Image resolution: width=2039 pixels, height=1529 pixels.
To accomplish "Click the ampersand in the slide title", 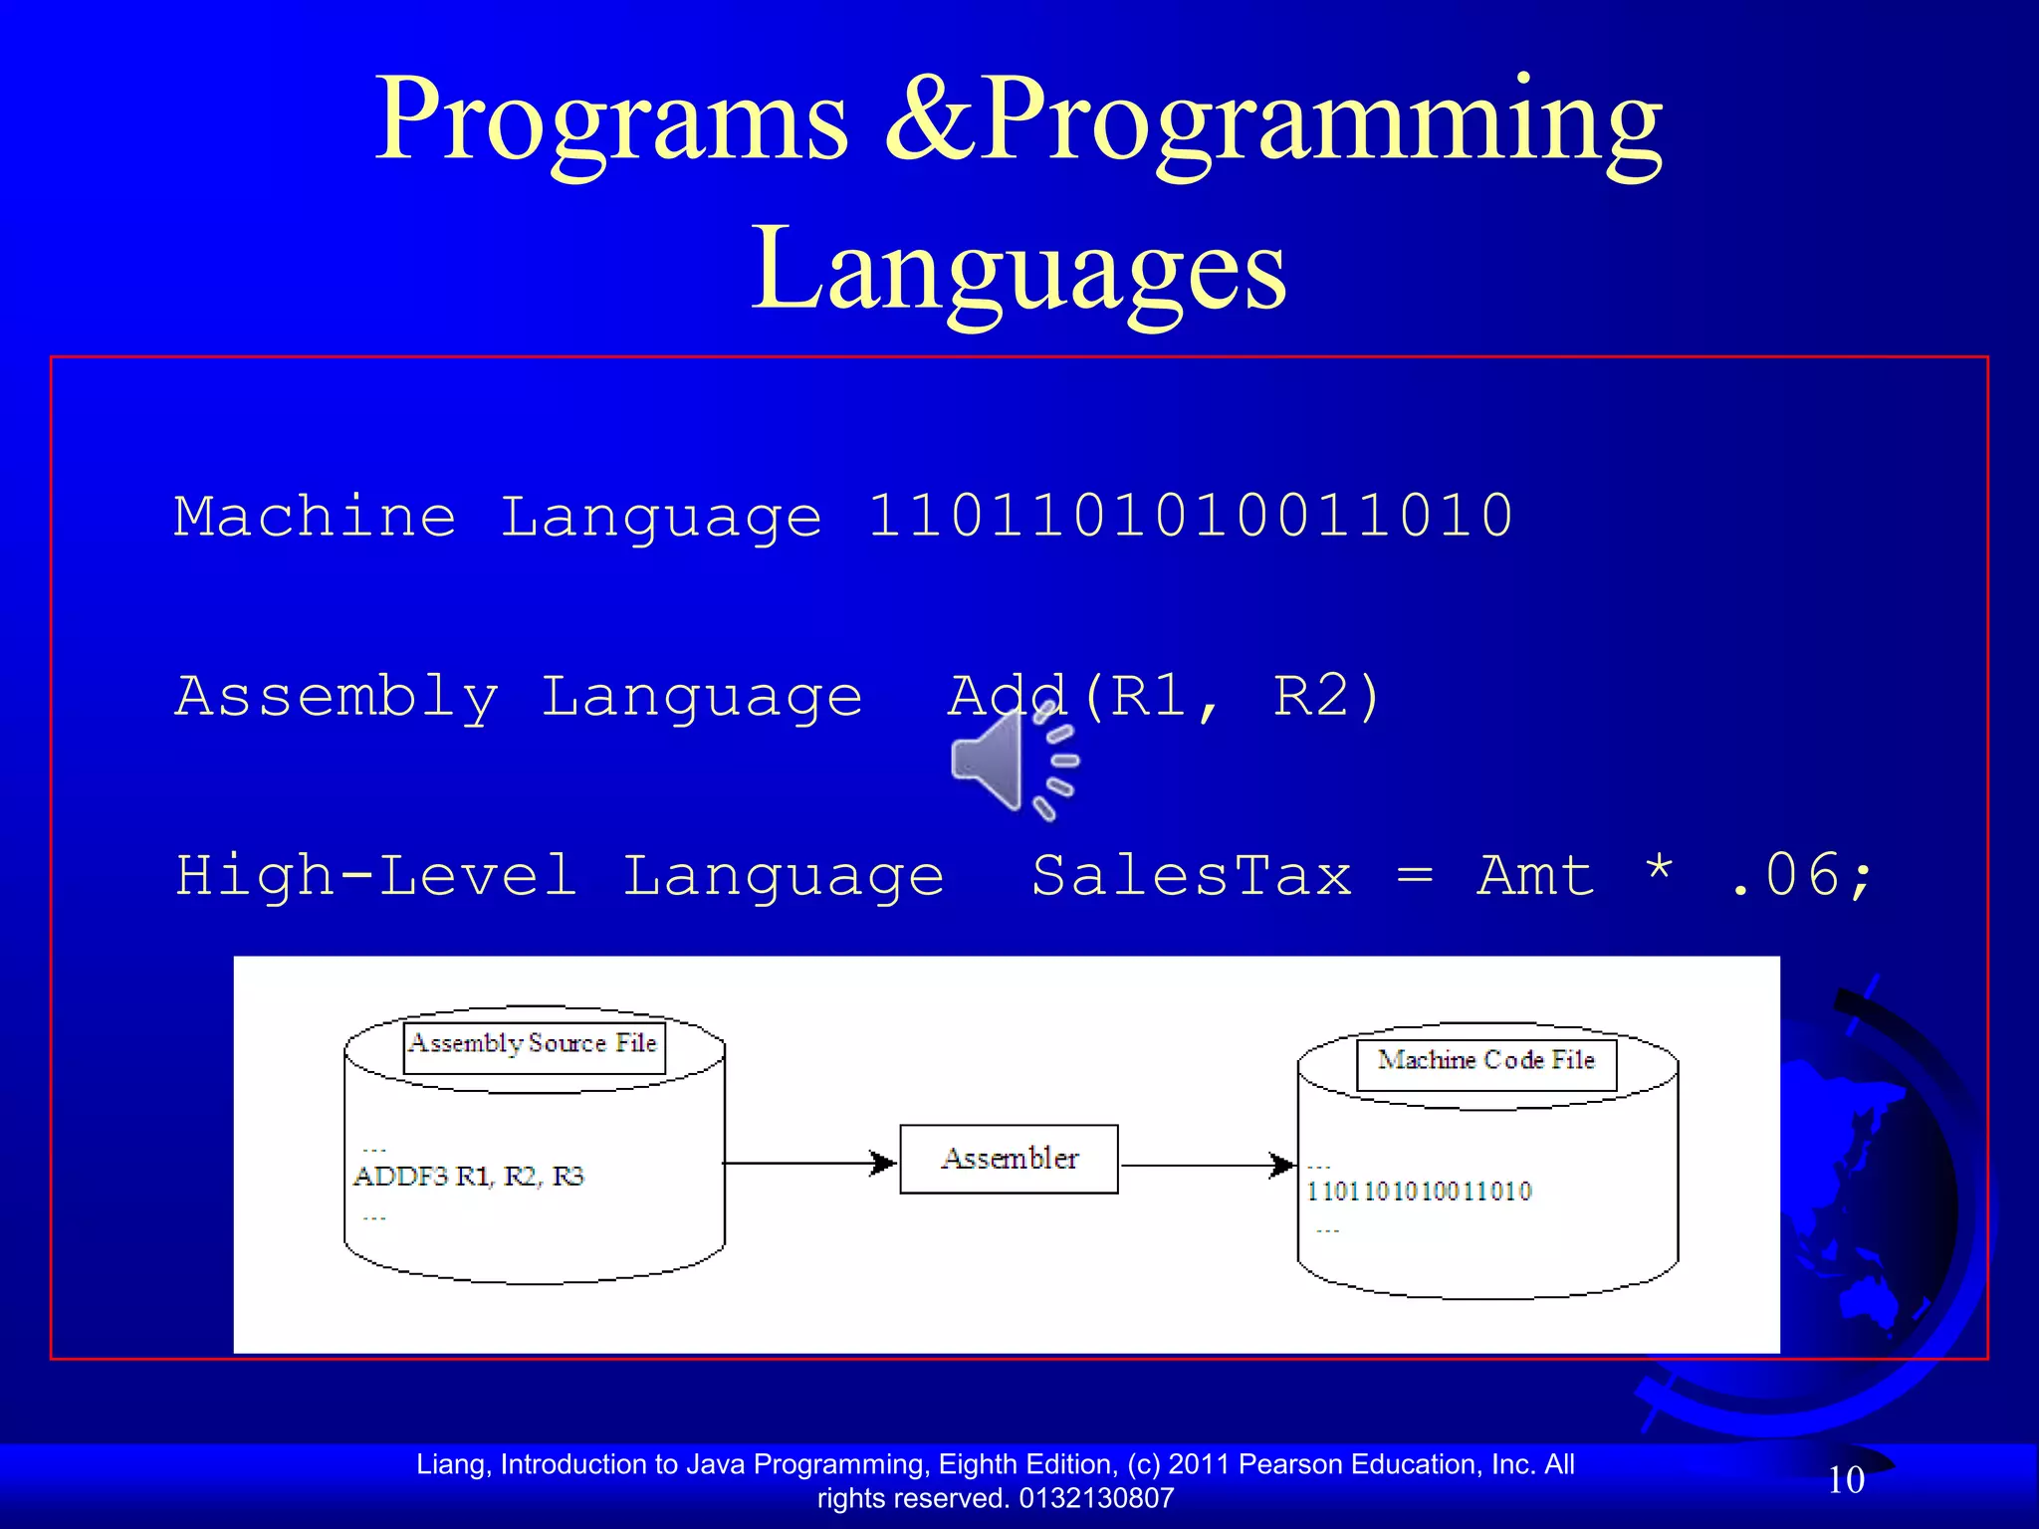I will tap(931, 119).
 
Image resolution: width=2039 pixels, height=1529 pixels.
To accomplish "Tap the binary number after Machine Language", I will tap(1190, 517).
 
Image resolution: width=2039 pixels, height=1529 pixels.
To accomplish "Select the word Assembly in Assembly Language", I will tap(337, 696).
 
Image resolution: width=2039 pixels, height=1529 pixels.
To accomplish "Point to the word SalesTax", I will tap(1192, 876).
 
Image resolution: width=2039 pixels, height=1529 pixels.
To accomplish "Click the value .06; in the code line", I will tap(1802, 876).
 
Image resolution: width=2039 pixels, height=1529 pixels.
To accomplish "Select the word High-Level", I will tap(376, 876).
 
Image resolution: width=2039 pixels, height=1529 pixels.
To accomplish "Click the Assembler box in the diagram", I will tap(1009, 1159).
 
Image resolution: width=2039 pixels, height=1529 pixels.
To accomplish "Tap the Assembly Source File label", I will tap(534, 1043).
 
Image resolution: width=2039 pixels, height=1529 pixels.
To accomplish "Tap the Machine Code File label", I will tap(1485, 1060).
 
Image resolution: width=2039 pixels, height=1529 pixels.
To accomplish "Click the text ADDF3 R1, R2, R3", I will tap(468, 1177).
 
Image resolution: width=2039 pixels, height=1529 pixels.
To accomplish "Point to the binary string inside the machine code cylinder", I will tap(1419, 1192).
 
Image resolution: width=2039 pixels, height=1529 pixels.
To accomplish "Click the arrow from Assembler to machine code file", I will tap(1207, 1165).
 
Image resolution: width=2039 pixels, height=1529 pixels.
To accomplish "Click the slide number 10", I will tap(1846, 1480).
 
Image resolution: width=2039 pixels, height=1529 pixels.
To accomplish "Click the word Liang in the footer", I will tap(452, 1464).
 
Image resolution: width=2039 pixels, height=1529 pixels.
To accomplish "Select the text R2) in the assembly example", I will tap(1327, 696).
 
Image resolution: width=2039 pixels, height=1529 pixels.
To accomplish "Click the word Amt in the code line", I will tap(1536, 876).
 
